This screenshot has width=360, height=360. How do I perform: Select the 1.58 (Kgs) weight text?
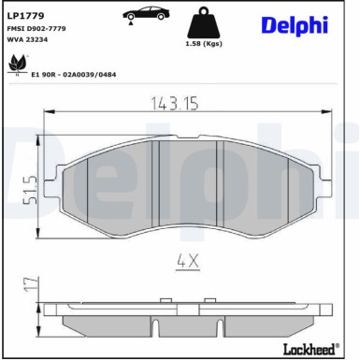pyautogui.click(x=205, y=43)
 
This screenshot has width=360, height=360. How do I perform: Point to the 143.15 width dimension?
pyautogui.click(x=178, y=104)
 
